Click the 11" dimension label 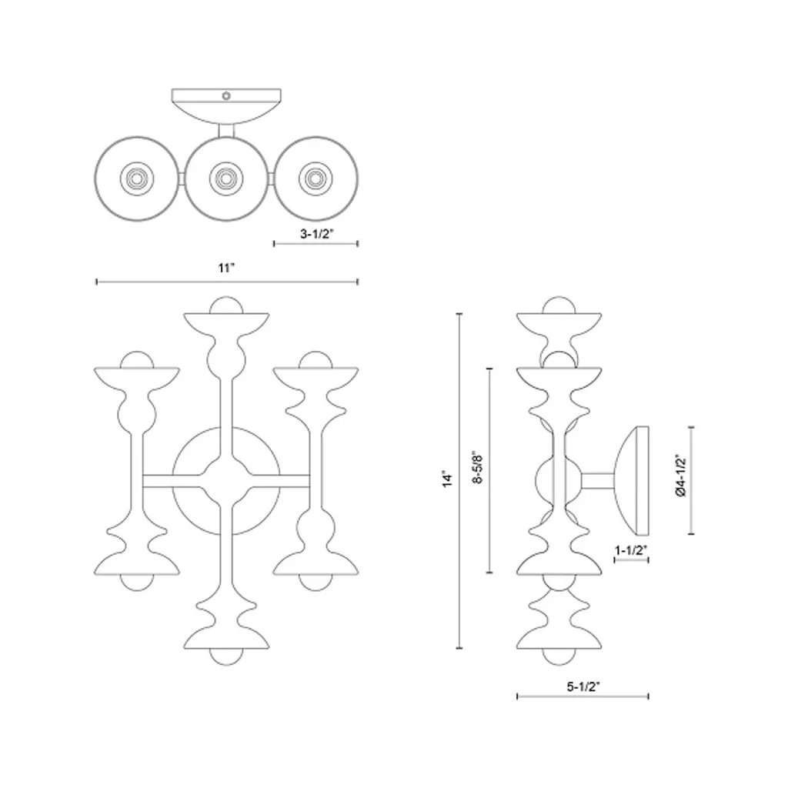[x=226, y=268]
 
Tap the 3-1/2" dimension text [x=317, y=234]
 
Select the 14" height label [x=447, y=479]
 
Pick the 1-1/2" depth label [x=631, y=550]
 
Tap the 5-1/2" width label [x=583, y=686]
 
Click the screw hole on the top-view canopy [x=226, y=95]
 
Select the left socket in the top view [x=137, y=179]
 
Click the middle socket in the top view [x=226, y=179]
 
